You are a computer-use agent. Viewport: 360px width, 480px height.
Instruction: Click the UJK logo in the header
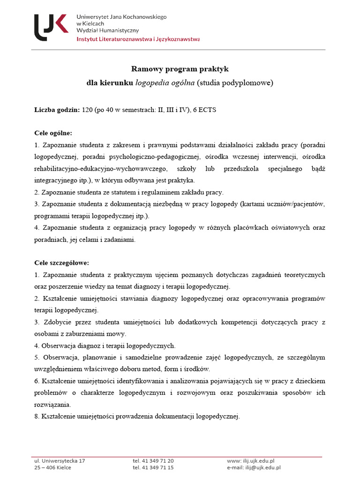[x=52, y=27]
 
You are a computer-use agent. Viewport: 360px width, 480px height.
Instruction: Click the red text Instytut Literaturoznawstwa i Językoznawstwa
[x=138, y=39]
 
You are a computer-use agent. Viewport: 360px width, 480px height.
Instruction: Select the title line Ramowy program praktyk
[x=180, y=69]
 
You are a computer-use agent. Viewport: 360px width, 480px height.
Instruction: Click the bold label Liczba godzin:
[x=57, y=110]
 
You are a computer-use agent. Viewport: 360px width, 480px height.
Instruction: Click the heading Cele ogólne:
[x=53, y=133]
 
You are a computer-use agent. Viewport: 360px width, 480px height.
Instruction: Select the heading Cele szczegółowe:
[x=61, y=262]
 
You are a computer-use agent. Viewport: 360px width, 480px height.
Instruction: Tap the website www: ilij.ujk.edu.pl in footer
[x=251, y=461]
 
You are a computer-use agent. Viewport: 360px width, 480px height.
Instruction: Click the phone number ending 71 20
[x=153, y=461]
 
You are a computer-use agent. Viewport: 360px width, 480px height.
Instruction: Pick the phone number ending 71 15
[x=153, y=467]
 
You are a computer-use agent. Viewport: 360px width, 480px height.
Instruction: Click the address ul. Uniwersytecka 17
[x=60, y=461]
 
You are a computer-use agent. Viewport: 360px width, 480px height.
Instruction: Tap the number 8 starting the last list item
[x=37, y=416]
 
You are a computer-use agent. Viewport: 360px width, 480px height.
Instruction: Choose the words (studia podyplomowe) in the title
[x=234, y=83]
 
